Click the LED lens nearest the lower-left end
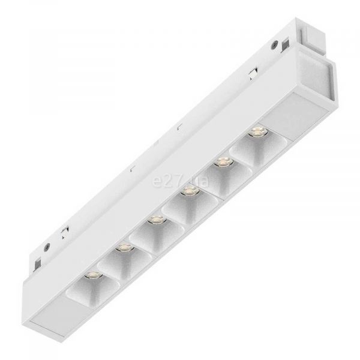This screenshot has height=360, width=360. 93,275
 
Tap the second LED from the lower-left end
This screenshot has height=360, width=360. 124,247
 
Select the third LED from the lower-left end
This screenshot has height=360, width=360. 157,220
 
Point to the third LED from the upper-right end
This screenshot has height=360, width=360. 190,191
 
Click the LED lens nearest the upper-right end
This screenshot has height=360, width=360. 259,132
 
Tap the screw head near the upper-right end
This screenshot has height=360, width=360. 274,44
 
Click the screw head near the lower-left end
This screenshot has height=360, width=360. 47,246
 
